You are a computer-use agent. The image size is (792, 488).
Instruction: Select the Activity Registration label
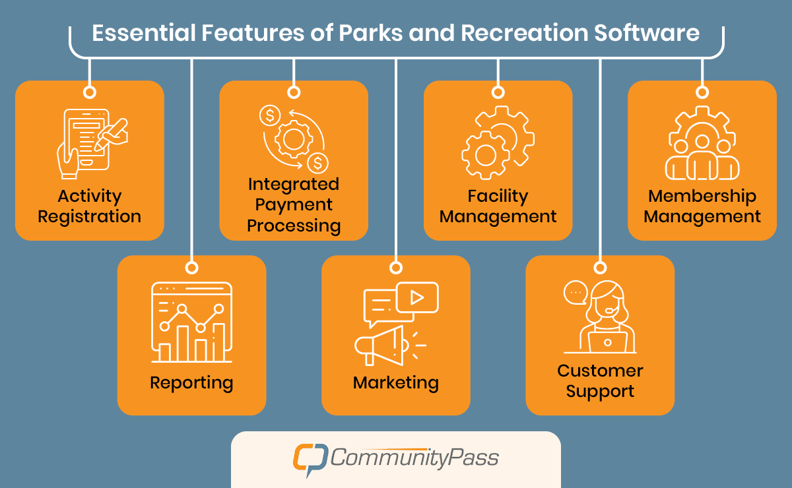tap(89, 206)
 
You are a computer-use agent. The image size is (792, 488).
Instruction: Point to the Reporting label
tap(191, 382)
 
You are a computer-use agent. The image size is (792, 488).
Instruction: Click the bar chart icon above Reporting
tap(191, 322)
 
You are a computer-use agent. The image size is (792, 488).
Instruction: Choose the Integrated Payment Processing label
tap(294, 204)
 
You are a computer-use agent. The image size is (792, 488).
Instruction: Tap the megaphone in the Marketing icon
tap(379, 346)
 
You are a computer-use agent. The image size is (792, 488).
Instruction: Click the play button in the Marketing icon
tap(416, 297)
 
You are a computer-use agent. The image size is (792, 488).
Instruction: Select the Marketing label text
tap(395, 382)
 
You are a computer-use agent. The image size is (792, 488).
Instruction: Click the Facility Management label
tap(498, 206)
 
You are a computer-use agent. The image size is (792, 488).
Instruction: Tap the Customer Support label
tap(600, 381)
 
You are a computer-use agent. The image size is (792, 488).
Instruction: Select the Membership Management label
tap(702, 206)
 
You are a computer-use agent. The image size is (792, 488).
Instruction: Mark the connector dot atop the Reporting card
tap(191, 267)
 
